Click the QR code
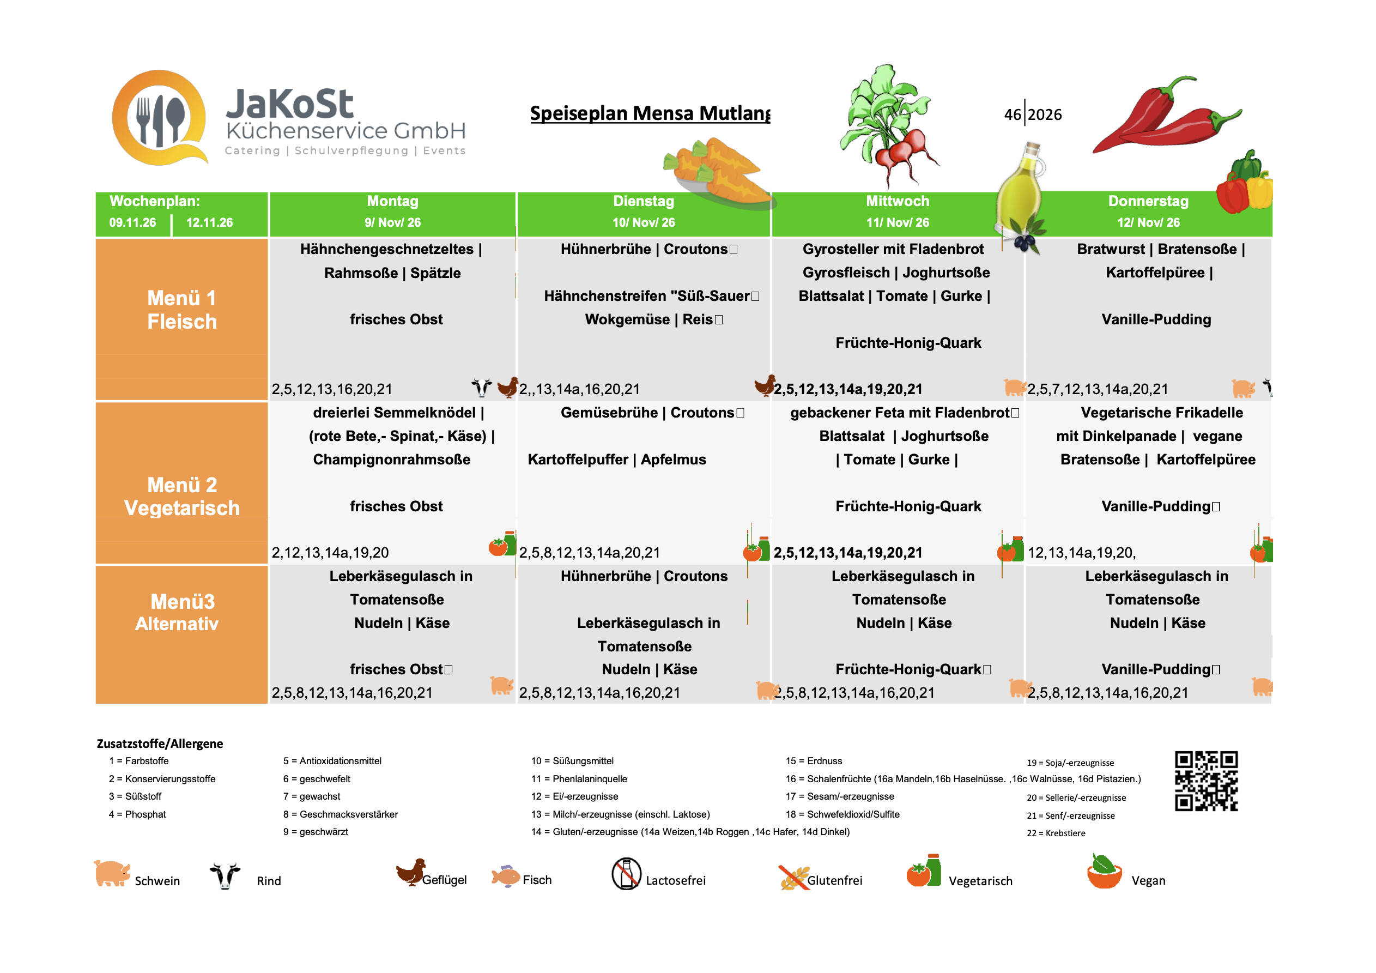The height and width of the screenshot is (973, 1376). [1206, 781]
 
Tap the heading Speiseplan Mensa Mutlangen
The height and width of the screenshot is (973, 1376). [650, 113]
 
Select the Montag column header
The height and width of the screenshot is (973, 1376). [392, 211]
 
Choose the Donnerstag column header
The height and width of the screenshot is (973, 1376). [1148, 211]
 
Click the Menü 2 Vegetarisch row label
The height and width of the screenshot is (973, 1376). [181, 496]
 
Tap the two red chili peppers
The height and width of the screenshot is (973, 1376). [1166, 116]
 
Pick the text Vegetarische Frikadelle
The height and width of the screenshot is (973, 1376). [1161, 413]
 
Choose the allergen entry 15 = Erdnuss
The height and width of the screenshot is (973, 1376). [813, 761]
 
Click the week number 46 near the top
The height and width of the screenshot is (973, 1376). [1012, 114]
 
